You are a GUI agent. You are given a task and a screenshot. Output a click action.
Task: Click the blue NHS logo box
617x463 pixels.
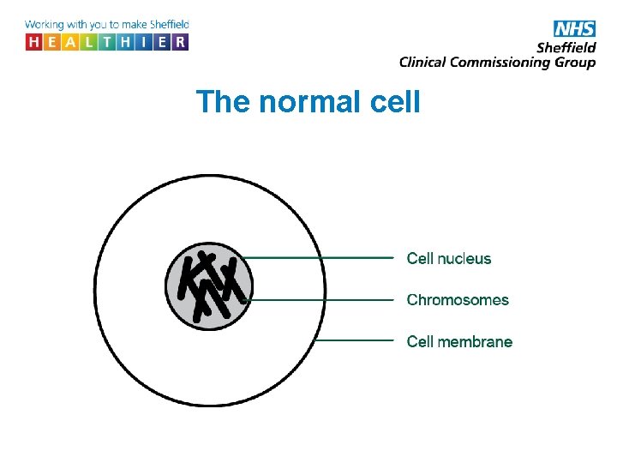pos(574,28)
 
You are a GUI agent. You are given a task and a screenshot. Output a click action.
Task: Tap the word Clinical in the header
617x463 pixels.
pos(425,62)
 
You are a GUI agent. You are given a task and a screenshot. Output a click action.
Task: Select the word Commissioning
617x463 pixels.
pos(497,62)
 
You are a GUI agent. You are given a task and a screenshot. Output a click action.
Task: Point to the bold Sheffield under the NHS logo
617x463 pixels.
pos(566,47)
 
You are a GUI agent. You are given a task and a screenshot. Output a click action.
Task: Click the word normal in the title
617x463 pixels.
pos(301,102)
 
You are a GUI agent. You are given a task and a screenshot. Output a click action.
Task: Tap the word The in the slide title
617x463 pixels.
pos(223,102)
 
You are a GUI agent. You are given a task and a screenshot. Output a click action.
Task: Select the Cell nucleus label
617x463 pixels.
pos(449,258)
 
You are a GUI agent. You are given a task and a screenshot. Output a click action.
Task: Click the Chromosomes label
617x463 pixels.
pos(458,300)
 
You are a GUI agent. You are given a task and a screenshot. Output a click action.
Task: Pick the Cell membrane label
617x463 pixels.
pos(459,341)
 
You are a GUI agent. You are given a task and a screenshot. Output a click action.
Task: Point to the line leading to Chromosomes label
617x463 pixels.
pos(321,300)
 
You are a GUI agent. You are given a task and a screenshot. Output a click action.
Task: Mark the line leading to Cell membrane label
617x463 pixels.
pos(356,340)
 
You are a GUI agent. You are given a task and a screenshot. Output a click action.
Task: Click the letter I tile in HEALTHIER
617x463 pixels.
pos(143,42)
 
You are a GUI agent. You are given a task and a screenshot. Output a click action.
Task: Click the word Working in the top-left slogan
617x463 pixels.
pos(45,25)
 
